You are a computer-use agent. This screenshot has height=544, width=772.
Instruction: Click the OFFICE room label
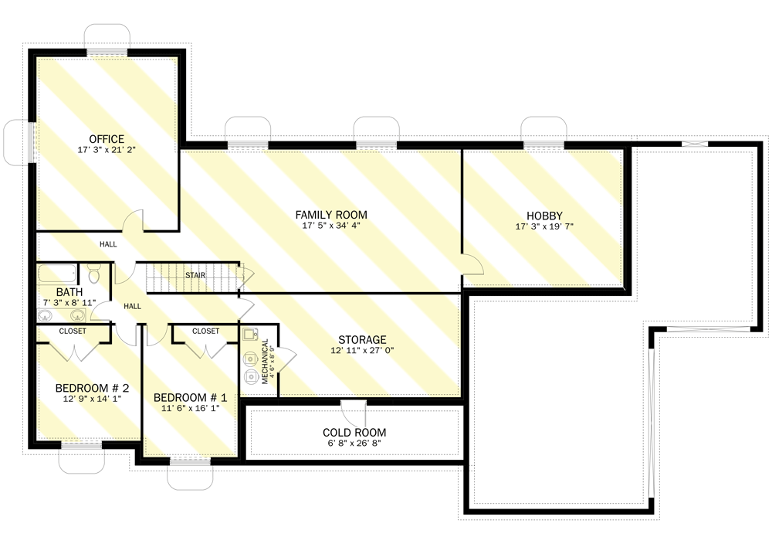coord(107,139)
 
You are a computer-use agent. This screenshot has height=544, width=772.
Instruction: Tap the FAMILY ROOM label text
coord(331,215)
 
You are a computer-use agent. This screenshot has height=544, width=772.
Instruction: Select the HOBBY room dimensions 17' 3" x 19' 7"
coord(544,227)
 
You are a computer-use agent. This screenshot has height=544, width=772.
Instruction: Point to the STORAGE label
coord(362,340)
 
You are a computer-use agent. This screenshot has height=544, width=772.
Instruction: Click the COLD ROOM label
coord(355,433)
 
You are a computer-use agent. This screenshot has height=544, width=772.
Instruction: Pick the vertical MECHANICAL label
coord(265,361)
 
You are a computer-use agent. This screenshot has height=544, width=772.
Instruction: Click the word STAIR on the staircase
coord(195,275)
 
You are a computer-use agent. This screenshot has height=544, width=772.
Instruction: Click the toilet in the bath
coord(94,274)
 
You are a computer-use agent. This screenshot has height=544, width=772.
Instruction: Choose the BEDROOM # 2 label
coord(92,388)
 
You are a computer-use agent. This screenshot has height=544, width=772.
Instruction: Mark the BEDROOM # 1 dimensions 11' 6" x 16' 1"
coord(189,410)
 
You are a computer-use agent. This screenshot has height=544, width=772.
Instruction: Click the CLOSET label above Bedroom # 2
coord(73,331)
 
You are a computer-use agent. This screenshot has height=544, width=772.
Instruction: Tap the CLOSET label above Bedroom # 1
coord(206,331)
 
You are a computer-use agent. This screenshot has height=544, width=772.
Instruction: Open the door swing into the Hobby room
coord(472,264)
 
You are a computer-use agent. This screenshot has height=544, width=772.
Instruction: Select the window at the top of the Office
coord(107,51)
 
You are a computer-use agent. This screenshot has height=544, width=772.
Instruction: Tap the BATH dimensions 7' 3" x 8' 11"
coord(69,303)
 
